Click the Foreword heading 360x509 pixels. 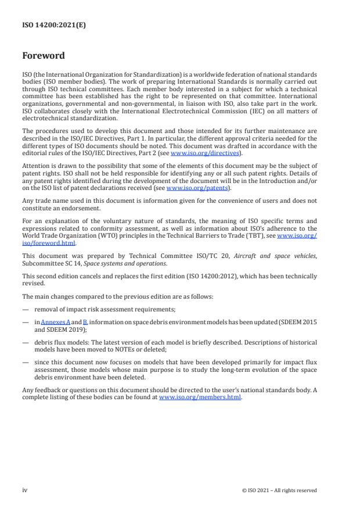(x=44, y=56)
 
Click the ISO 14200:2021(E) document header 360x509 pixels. (x=46, y=25)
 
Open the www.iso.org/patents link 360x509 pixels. (x=190, y=188)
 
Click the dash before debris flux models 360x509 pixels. (x=26, y=339)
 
